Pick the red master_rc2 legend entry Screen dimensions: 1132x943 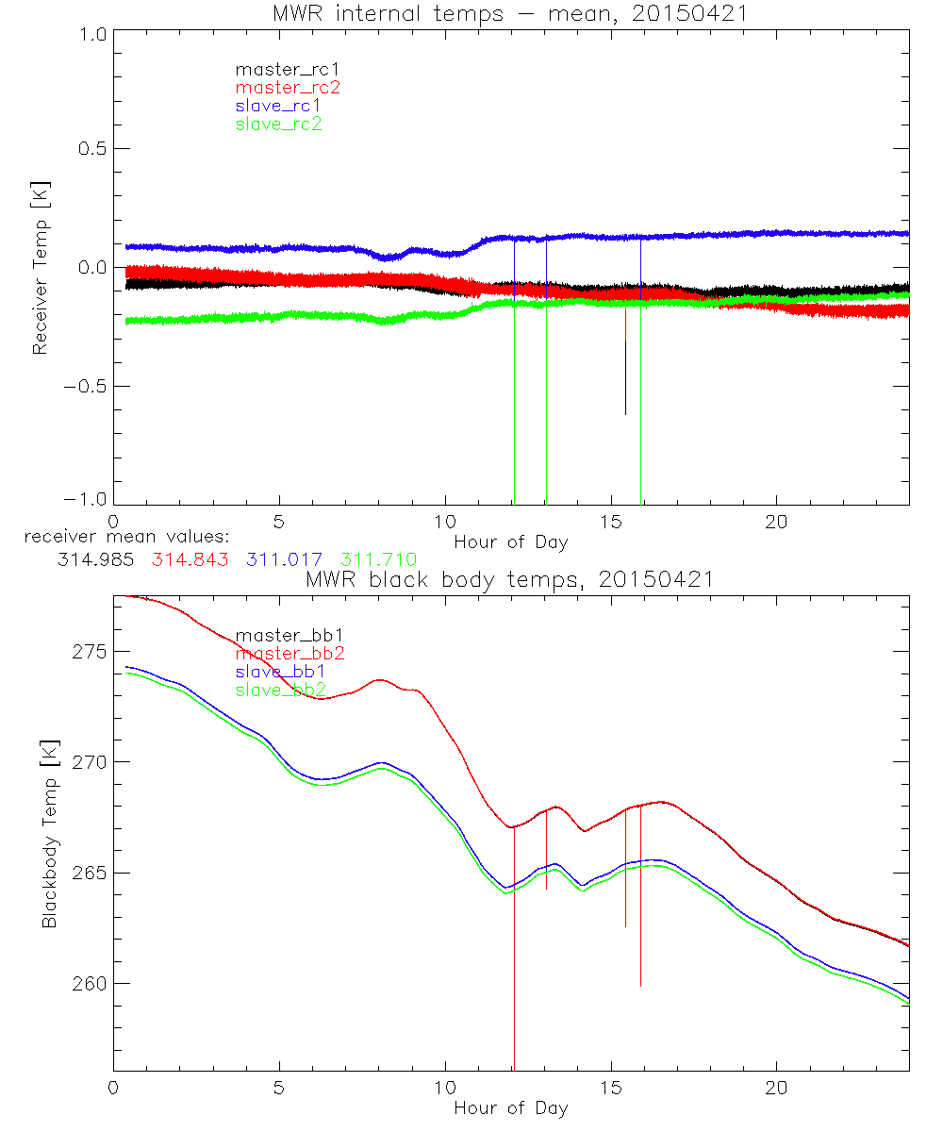[288, 87]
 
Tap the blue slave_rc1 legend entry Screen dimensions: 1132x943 [278, 105]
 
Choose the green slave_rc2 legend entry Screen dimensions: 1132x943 [278, 124]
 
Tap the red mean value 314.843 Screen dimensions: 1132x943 [189, 559]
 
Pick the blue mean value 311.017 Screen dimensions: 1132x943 [284, 559]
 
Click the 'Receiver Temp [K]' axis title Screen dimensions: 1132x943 [41, 267]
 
